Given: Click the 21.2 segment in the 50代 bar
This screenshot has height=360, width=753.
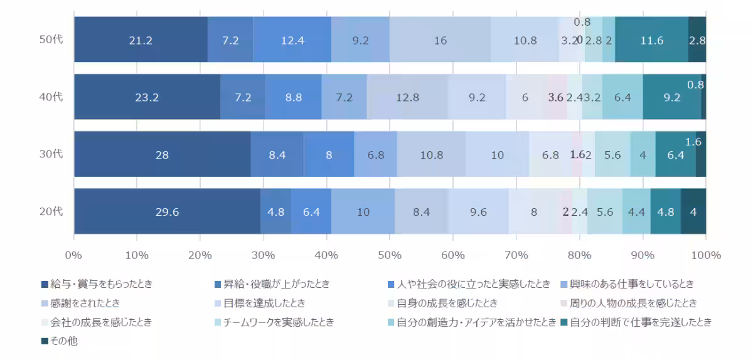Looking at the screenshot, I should pyautogui.click(x=141, y=40).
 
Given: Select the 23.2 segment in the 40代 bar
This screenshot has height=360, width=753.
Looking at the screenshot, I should pyautogui.click(x=147, y=97).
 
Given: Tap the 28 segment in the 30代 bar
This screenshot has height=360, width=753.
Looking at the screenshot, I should pyautogui.click(x=162, y=154).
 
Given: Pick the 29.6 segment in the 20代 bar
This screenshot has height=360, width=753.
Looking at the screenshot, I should pyautogui.click(x=167, y=212).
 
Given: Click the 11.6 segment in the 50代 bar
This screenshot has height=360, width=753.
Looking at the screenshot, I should pyautogui.click(x=651, y=40).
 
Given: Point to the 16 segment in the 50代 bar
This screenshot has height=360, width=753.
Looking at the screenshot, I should pyautogui.click(x=440, y=40).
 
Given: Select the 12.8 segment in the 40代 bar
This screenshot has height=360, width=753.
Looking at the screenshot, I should pyautogui.click(x=407, y=97).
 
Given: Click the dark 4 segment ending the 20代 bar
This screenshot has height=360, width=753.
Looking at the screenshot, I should pyautogui.click(x=693, y=212).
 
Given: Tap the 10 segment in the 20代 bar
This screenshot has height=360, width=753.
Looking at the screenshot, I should pyautogui.click(x=363, y=212).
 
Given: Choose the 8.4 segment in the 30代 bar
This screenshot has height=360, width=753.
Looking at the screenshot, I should pyautogui.click(x=277, y=154).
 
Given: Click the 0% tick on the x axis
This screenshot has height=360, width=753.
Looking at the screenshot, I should pyautogui.click(x=74, y=255).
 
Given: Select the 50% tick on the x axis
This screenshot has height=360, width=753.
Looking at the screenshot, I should pyautogui.click(x=390, y=255).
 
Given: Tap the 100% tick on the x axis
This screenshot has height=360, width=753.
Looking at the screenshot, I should pyautogui.click(x=705, y=255).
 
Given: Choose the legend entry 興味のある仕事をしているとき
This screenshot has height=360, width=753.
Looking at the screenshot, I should pyautogui.click(x=634, y=284).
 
